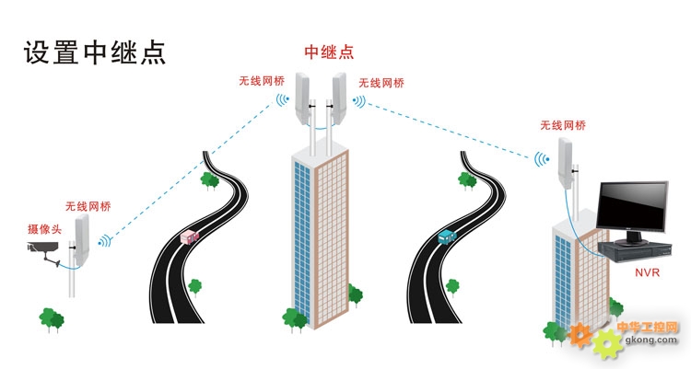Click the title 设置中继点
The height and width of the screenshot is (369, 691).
coord(94,51)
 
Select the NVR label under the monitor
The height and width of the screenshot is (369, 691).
coord(645,273)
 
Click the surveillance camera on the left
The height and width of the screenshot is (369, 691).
coord(41,250)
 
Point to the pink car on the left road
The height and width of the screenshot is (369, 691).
coord(192,237)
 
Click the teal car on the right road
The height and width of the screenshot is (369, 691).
coord(447,236)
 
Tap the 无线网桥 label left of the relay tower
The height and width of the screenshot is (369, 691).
coord(262,81)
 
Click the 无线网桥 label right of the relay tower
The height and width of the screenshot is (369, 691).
coord(381,83)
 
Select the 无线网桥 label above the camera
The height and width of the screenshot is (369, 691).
coord(88,207)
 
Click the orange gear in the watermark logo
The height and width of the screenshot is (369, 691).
coord(581,333)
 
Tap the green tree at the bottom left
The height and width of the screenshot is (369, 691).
coord(52,318)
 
